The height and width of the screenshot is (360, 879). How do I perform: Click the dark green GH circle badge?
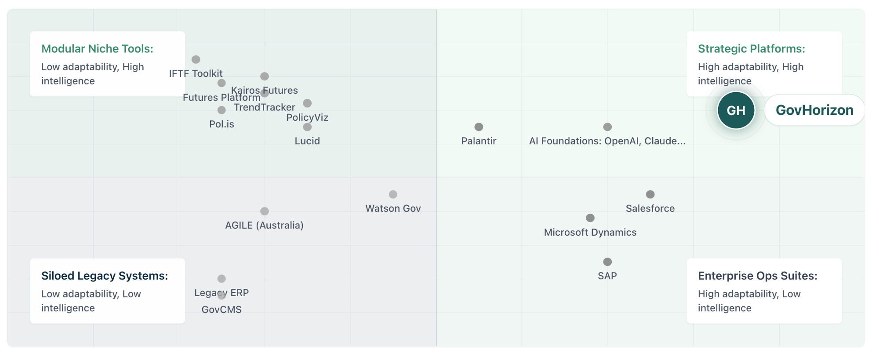(736, 110)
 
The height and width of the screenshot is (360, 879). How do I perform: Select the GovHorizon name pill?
(814, 110)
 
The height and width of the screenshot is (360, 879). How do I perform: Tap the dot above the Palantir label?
(479, 127)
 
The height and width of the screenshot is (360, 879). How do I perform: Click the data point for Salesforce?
(650, 194)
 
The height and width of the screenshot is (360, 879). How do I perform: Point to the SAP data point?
(607, 262)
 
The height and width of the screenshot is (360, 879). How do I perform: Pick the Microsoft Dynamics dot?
(590, 218)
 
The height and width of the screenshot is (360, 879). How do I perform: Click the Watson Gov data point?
(393, 194)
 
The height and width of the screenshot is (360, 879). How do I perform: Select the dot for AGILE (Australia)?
(264, 211)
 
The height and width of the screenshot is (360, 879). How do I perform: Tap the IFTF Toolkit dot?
(196, 59)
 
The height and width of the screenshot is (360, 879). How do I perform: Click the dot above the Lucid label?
(307, 127)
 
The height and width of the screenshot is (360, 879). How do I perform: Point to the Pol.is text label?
(222, 124)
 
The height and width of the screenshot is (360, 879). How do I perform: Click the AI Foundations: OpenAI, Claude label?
(607, 141)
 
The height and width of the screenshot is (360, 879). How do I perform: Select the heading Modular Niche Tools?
(97, 49)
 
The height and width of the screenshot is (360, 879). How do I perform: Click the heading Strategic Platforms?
(751, 49)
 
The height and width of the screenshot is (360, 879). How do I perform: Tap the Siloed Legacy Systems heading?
(105, 276)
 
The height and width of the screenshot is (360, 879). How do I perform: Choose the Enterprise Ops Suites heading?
(757, 276)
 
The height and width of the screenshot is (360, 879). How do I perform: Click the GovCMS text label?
(222, 310)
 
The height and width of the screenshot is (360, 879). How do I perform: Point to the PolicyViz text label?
(307, 118)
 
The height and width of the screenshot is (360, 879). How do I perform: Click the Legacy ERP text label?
(222, 293)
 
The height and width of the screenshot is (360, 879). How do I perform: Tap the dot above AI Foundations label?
(607, 127)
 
